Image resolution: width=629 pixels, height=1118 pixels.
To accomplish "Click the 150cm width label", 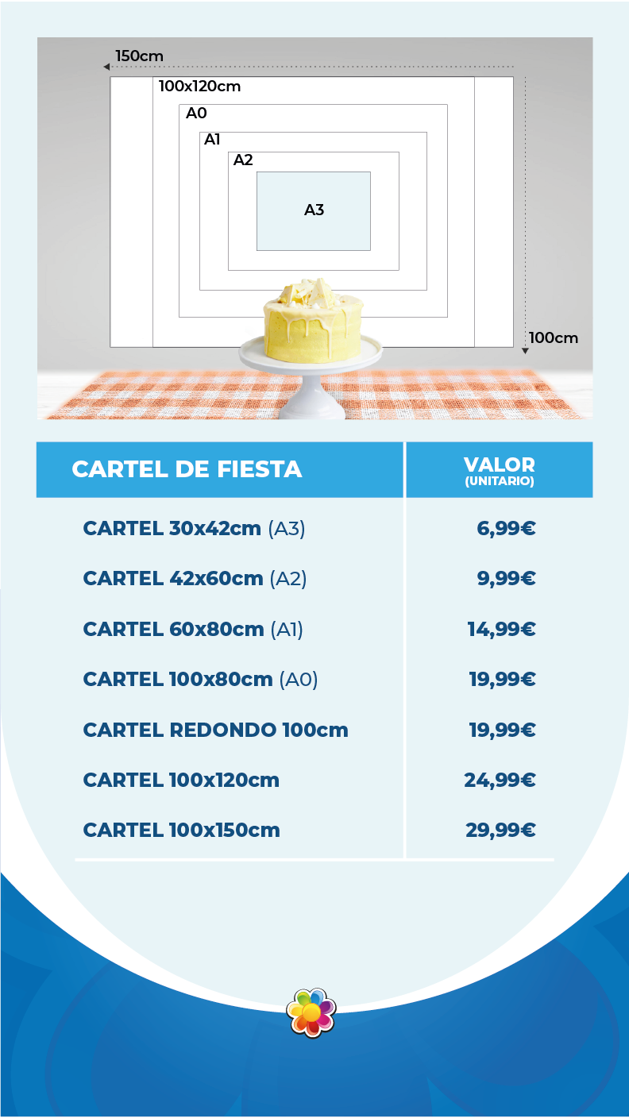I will tap(139, 56).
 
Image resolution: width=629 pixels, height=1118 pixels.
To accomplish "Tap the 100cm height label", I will tap(554, 337).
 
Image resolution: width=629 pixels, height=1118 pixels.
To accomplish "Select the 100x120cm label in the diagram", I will tap(199, 86).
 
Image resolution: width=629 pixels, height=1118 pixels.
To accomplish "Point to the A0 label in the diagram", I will tap(196, 113).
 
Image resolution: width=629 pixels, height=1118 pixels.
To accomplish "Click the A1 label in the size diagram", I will tap(212, 140).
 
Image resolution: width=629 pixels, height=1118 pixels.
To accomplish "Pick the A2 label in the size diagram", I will tap(243, 160).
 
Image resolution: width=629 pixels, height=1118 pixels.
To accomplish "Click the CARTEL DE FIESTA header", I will tap(187, 469).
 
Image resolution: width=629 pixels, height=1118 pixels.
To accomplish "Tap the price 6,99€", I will tap(506, 528).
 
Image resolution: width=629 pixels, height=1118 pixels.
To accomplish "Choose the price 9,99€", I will tap(506, 579).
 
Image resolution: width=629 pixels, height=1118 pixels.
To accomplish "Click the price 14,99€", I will tap(501, 629).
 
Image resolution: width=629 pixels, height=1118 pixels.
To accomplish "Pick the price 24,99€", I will tap(500, 780).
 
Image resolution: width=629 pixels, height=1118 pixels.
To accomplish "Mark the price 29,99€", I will tap(500, 831).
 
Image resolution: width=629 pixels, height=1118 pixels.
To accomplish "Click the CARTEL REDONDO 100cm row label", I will tap(215, 730).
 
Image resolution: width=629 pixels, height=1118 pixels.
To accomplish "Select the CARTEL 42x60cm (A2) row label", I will tap(195, 579).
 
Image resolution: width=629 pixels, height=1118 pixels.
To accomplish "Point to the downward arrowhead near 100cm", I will tap(525, 349).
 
